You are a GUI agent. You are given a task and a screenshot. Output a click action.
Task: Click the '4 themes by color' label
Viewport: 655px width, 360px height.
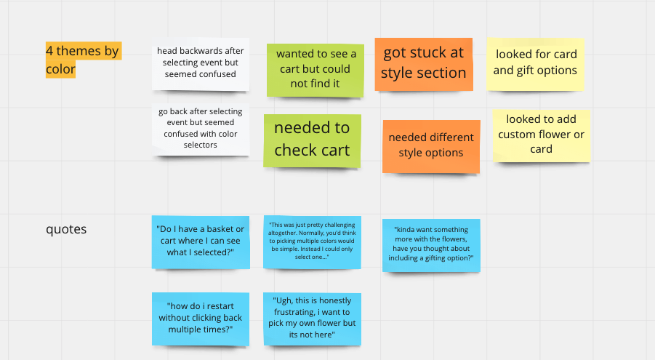81,60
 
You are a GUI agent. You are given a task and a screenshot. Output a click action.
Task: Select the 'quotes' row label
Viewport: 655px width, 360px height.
66,229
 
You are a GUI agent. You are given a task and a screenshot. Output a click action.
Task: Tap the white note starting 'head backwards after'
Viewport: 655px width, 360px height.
201,63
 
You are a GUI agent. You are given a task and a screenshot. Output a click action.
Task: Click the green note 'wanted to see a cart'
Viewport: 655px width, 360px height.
316,69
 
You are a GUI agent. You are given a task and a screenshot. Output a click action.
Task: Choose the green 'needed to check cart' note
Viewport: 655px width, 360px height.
312,140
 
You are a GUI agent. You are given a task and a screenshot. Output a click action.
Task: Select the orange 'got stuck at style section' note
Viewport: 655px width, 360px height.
424,63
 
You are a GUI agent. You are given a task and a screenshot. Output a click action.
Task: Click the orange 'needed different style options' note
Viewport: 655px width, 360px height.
431,145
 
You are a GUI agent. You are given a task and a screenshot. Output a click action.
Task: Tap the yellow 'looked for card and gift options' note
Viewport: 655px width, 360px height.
535,63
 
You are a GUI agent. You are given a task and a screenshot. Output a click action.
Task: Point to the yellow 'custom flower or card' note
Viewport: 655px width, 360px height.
541,135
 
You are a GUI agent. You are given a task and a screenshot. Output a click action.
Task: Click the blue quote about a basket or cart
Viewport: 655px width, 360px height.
201,241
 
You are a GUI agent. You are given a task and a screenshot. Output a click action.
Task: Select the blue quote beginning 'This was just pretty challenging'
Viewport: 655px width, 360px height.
312,242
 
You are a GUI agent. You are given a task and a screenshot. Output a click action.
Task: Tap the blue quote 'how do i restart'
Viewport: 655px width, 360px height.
201,318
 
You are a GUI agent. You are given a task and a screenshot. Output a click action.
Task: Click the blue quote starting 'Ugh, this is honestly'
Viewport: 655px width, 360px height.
312,318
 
